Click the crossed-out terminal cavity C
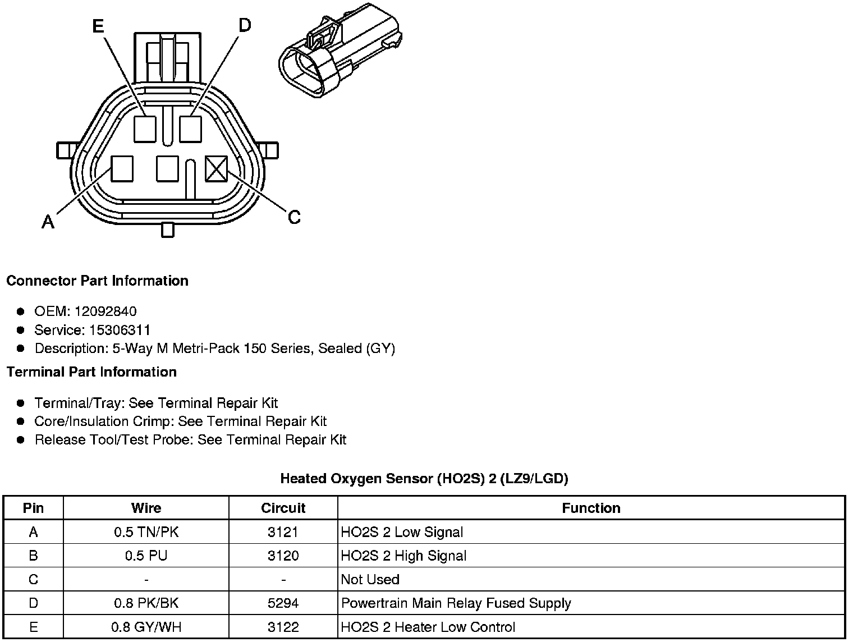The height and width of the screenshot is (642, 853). coord(217,168)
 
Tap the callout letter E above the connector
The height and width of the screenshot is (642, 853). coord(98,26)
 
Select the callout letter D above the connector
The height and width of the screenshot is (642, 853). coord(245,25)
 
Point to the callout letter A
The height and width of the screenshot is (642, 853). coord(48,223)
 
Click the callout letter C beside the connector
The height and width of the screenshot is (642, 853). coord(293,217)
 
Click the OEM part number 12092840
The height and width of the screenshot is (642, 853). coord(106,311)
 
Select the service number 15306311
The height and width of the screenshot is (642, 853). coord(120,330)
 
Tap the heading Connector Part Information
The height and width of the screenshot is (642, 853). coord(97,281)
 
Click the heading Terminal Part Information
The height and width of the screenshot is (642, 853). coord(91,372)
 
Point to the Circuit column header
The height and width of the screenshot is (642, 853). coord(283,508)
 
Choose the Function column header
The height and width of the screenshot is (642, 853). coord(591,508)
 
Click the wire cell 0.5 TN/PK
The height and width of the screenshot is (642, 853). coord(146,532)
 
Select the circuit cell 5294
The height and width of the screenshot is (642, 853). coord(283,603)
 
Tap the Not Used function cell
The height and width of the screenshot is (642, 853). coord(370,580)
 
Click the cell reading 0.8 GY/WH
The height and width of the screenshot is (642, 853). coord(146,627)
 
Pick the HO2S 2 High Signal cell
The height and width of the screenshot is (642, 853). coord(403,556)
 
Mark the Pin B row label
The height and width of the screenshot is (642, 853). coord(34,556)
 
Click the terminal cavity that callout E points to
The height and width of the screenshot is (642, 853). coord(145,129)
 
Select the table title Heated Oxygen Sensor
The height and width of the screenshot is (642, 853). coord(424,479)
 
